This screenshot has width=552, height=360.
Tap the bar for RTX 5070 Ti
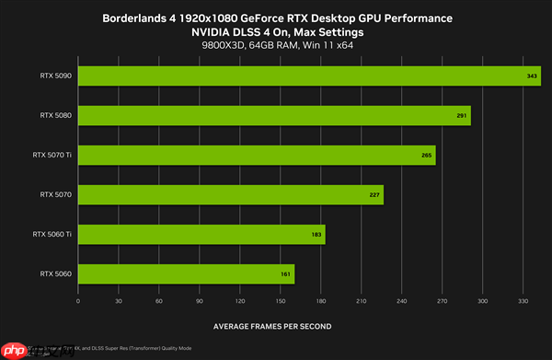click(257, 156)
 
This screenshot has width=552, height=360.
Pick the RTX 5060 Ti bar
click(201, 235)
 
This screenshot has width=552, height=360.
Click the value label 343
click(533, 76)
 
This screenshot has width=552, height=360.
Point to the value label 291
click(462, 116)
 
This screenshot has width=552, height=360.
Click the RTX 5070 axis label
click(56, 195)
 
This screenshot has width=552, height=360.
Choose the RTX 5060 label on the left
click(56, 274)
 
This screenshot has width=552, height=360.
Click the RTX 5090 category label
click(56, 75)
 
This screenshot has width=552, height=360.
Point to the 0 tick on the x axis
click(78, 300)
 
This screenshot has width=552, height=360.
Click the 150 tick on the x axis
click(281, 300)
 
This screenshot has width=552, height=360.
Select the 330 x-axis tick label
click(523, 300)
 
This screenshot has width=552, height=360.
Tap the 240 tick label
click(402, 300)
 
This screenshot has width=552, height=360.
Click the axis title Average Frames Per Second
click(271, 326)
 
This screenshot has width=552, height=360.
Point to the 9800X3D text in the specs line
click(218, 45)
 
